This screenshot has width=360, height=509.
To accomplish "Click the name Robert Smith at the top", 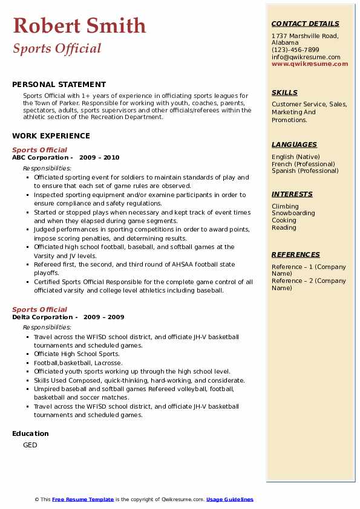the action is tap(79, 25).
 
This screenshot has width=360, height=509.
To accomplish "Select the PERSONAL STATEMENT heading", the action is tap(59, 85).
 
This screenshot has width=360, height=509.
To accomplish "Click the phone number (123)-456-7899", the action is tap(295, 50).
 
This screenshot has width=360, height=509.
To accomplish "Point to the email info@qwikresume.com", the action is tap(306, 57).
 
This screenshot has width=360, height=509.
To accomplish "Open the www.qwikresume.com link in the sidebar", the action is tap(310, 64).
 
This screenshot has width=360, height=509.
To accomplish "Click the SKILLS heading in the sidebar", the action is tap(284, 92).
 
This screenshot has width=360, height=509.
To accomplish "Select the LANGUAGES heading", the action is tap(294, 144).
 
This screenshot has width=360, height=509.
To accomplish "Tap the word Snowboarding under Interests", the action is tap(293, 213).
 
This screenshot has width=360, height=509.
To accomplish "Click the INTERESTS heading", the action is tap(292, 194).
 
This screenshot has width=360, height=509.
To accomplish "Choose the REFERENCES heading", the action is tap(295, 254).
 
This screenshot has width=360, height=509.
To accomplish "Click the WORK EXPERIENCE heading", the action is tap(51, 136).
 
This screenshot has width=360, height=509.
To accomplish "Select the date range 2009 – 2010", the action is tap(102, 158).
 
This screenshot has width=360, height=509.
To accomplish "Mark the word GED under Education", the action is tap(30, 446).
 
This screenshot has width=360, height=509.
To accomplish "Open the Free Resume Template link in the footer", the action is tap(83, 499).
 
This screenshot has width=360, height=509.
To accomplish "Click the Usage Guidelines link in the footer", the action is tap(229, 499).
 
